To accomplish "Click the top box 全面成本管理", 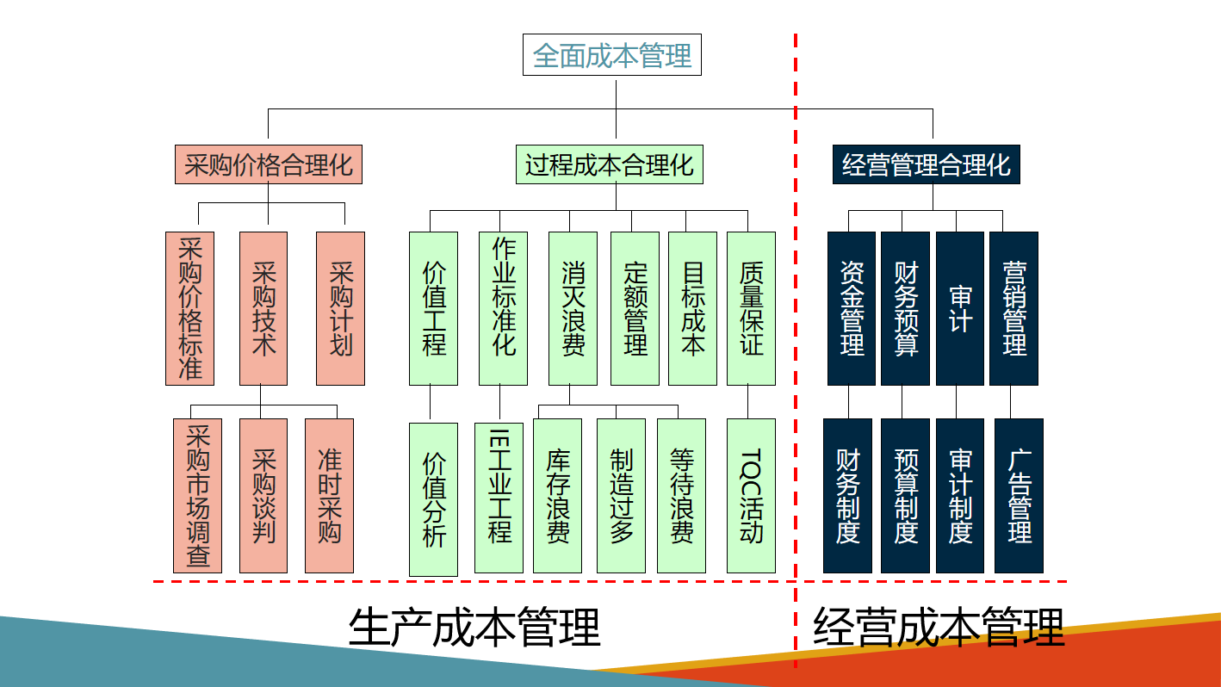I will pos(612,56).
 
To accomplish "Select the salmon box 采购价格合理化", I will pos(269,164).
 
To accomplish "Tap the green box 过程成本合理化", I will pos(610,164).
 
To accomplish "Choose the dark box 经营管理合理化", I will pos(927,164).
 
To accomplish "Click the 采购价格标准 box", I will pos(189,308).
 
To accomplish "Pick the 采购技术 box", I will pos(263,308).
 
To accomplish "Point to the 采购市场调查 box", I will pos(198,496).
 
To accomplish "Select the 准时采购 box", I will pos(329,496).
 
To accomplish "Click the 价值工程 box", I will pos(434,308).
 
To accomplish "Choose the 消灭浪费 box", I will pos(573,308).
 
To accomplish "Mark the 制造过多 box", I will pos(621,496).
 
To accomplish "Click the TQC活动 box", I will pos(751,496).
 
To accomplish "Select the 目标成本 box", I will pos(692,308).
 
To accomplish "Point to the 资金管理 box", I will pos(852,308).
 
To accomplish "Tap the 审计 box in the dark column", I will pos(960,308).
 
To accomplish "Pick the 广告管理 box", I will pos(1019,496).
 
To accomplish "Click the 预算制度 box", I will pos(905,496).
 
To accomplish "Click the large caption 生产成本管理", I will pos(474,628).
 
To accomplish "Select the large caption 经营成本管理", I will pos(939,628).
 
